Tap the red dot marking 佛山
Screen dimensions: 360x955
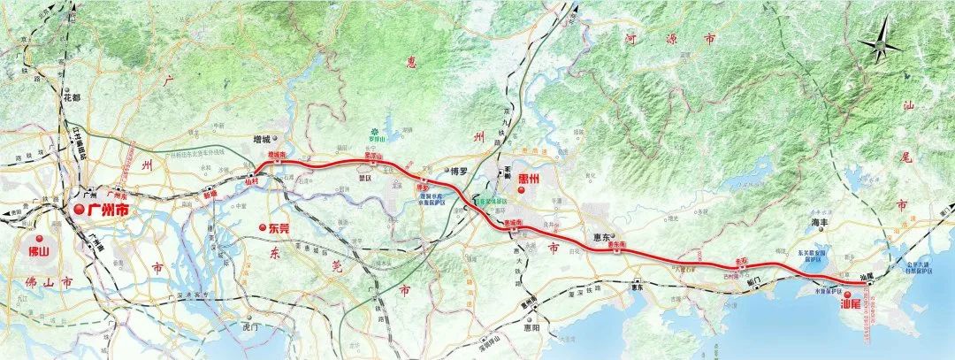(x=38, y=239)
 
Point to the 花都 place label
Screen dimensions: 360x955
(x=71, y=97)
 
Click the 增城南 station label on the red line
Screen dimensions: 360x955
(x=277, y=154)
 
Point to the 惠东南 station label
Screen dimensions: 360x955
(x=617, y=243)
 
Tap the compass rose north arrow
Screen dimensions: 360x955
(x=882, y=45)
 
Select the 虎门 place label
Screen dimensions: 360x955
(x=248, y=326)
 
